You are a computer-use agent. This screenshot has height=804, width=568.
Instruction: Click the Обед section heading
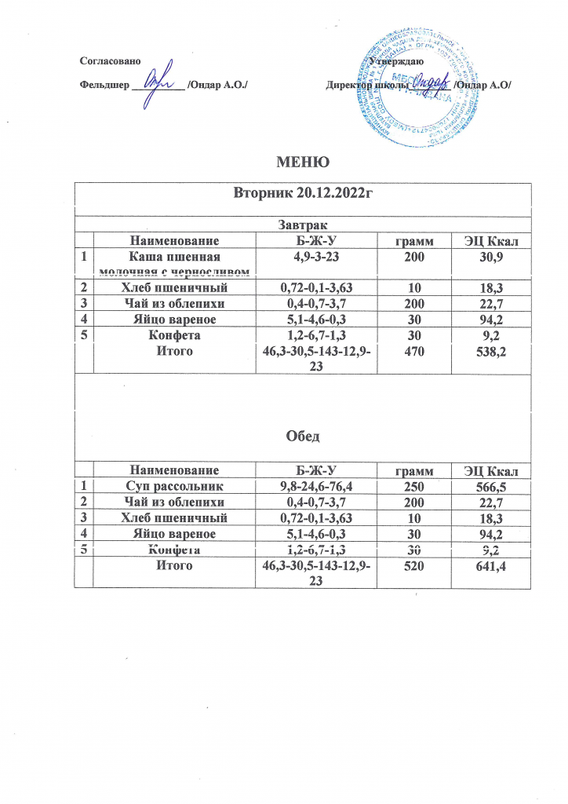pos(302,436)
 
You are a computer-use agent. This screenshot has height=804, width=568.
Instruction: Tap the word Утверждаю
pos(397,60)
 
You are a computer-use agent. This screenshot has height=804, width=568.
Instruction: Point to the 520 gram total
pos(417,565)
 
